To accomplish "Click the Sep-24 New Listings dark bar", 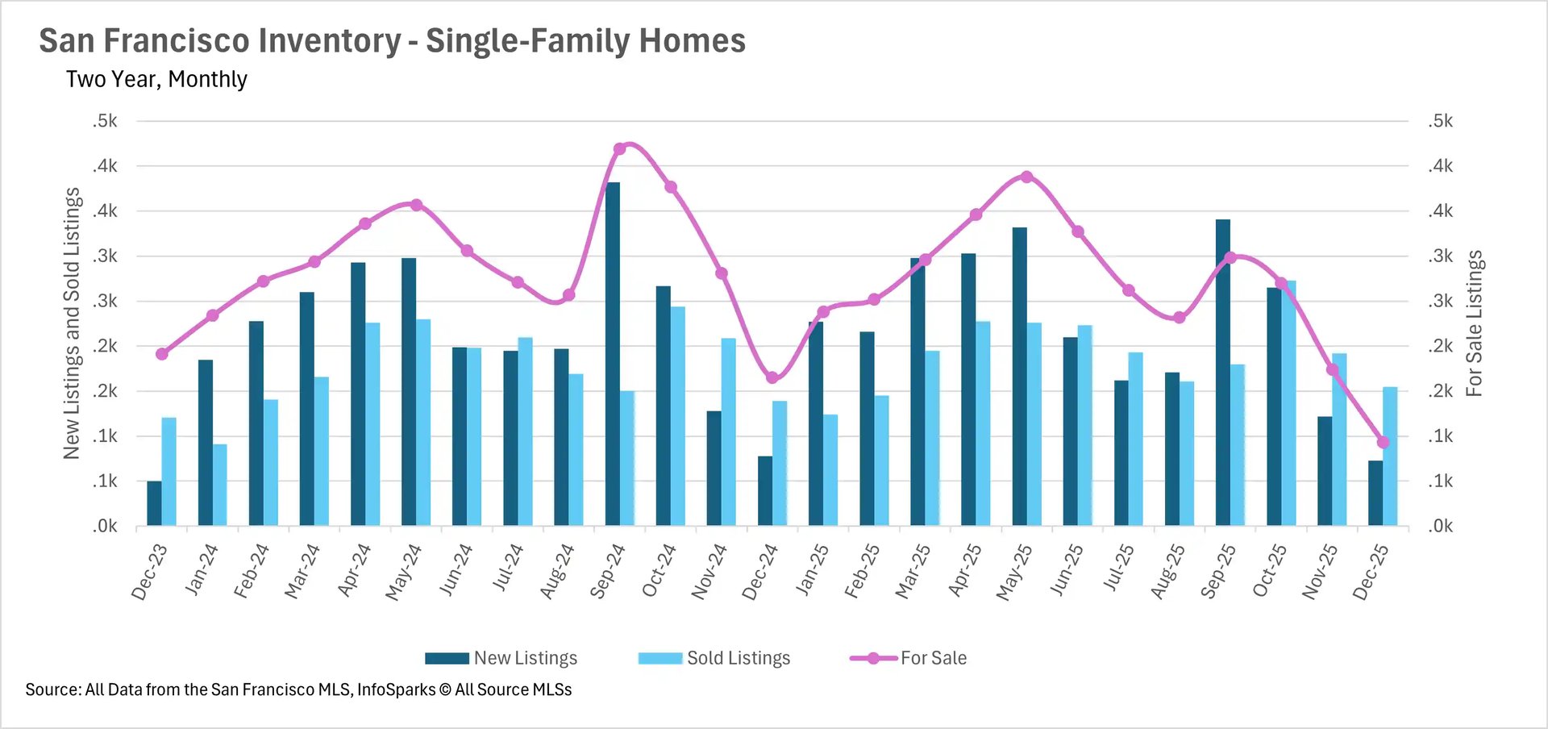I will pyautogui.click(x=613, y=355).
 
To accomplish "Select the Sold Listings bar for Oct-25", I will pyautogui.click(x=1288, y=403).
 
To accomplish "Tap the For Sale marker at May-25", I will pyautogui.click(x=1026, y=177).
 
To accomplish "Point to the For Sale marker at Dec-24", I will pyautogui.click(x=772, y=377).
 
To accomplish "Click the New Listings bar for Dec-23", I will pyautogui.click(x=154, y=503).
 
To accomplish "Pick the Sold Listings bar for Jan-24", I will pyautogui.click(x=220, y=485).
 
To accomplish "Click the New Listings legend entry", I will pyautogui.click(x=501, y=658).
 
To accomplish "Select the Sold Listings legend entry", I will pyautogui.click(x=714, y=658).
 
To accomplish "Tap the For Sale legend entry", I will pyautogui.click(x=909, y=658).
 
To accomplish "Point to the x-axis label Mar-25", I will pyautogui.click(x=913, y=571).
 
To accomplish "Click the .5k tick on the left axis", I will pyautogui.click(x=105, y=121).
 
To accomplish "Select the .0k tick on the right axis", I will pyautogui.click(x=1440, y=526).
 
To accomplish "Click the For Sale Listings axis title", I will pyautogui.click(x=1474, y=323).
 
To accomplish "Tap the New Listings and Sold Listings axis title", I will pyautogui.click(x=72, y=323).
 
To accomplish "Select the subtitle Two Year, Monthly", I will pyautogui.click(x=156, y=79).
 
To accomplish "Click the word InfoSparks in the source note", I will pyautogui.click(x=396, y=689).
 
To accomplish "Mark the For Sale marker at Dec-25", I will pyautogui.click(x=1384, y=442).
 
